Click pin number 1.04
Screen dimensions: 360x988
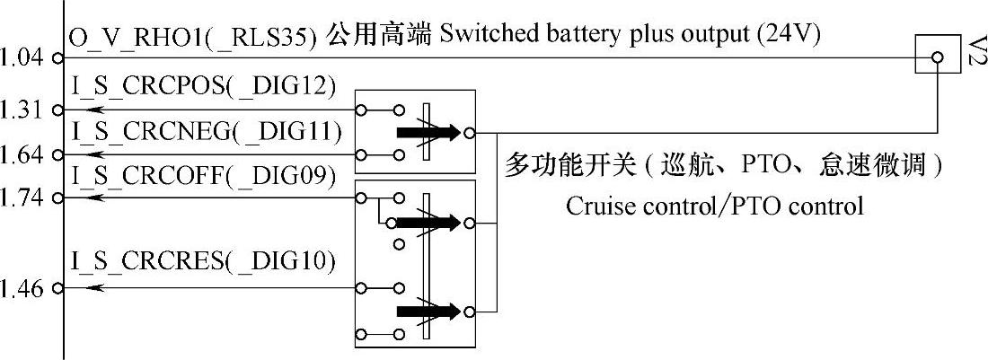click(x=22, y=58)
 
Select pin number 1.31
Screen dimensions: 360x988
click(x=22, y=110)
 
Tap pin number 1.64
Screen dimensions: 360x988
click(x=22, y=154)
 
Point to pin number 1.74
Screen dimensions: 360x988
click(x=22, y=197)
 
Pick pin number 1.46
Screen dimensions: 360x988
click(x=22, y=289)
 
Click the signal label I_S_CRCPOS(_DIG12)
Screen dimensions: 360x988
click(x=203, y=86)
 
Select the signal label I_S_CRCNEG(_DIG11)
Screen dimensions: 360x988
click(x=206, y=132)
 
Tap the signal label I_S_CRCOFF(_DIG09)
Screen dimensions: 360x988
click(x=203, y=175)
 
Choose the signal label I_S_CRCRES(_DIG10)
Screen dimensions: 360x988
click(x=203, y=262)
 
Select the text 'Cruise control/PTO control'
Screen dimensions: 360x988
click(x=714, y=206)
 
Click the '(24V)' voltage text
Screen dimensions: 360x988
click(x=790, y=36)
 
